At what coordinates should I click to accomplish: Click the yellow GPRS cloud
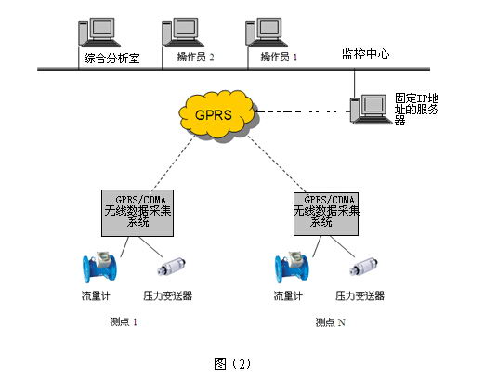(x=217, y=114)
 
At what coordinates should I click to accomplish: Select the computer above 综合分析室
(x=99, y=33)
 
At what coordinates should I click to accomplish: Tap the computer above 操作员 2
(x=183, y=33)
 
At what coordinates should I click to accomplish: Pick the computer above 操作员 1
(x=267, y=33)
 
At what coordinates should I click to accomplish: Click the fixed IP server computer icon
(x=371, y=110)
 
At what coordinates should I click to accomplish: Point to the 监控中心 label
(x=365, y=54)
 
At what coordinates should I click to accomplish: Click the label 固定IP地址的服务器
(x=416, y=110)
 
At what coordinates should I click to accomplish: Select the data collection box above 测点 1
(x=137, y=213)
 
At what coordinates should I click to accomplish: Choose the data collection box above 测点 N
(x=326, y=214)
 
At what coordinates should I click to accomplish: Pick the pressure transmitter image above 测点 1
(x=172, y=268)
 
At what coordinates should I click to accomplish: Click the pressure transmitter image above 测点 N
(x=363, y=268)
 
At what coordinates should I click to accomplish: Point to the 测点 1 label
(x=124, y=321)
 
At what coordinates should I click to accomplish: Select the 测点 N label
(x=330, y=322)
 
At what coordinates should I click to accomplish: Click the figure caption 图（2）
(x=232, y=363)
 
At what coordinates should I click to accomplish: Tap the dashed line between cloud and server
(x=301, y=111)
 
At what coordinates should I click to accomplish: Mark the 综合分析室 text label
(x=111, y=58)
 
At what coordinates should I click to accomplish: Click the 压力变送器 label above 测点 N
(x=360, y=295)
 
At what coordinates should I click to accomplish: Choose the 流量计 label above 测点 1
(x=96, y=295)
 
